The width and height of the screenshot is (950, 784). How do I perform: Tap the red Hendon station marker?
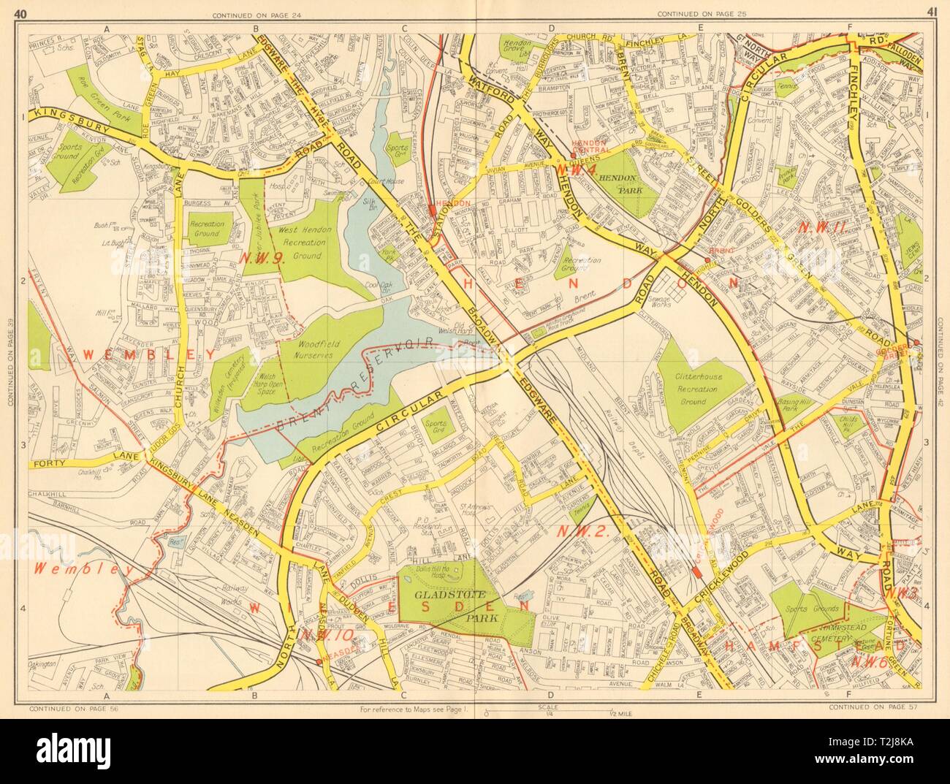[x=433, y=212]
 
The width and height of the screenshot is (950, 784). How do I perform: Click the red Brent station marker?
[x=707, y=259]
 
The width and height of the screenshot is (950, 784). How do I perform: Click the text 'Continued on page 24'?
[x=250, y=15]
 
